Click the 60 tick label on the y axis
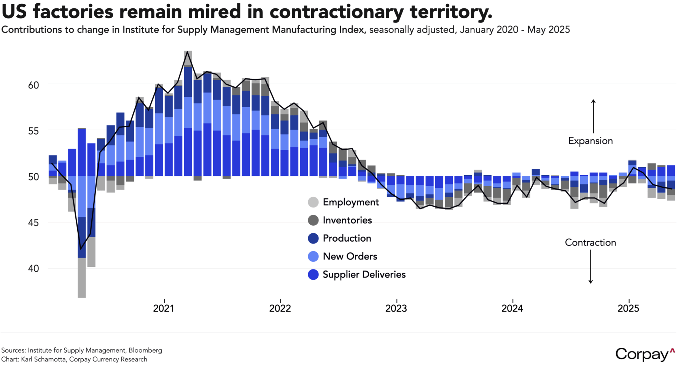tap(33, 85)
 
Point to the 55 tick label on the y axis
tap(33, 131)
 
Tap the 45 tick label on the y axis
tap(33, 223)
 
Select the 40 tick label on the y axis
tap(33, 269)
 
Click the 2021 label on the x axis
tap(164, 308)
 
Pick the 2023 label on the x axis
tap(396, 308)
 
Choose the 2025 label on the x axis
tap(628, 308)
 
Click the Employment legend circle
tap(313, 202)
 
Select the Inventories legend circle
tap(313, 220)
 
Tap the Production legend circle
tap(313, 238)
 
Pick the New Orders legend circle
tap(313, 256)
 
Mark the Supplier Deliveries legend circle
tap(313, 274)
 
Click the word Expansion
tap(590, 141)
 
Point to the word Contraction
tap(590, 243)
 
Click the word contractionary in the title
tap(336, 12)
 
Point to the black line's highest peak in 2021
tap(188, 52)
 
